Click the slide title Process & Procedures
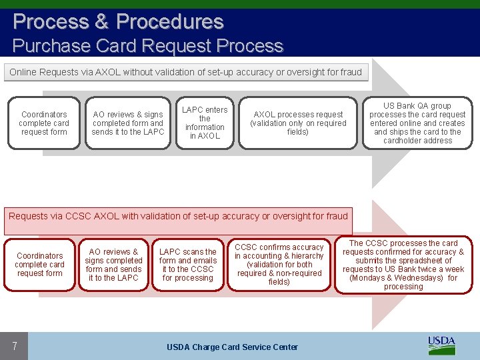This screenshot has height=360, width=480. pyautogui.click(x=118, y=21)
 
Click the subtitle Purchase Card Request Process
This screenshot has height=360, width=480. pyautogui.click(x=148, y=46)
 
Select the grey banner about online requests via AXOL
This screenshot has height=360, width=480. pyautogui.click(x=185, y=72)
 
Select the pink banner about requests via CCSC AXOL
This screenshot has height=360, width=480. pyautogui.click(x=178, y=216)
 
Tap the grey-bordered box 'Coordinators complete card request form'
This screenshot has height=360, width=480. pyautogui.click(x=44, y=123)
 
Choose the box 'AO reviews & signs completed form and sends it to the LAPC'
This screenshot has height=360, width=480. pyautogui.click(x=128, y=123)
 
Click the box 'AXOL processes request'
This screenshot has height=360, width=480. pyautogui.click(x=298, y=123)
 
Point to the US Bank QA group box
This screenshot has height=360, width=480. pyautogui.click(x=417, y=123)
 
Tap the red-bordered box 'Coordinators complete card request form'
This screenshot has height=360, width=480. pyautogui.click(x=40, y=265)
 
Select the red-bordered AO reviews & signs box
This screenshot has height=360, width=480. pyautogui.click(x=113, y=265)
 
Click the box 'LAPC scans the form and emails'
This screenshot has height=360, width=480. pyautogui.click(x=188, y=265)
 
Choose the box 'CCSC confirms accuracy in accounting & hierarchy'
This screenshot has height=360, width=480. pyautogui.click(x=279, y=265)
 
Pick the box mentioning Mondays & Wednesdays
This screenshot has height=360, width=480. pyautogui.click(x=403, y=265)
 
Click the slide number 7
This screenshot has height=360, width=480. pyautogui.click(x=14, y=346)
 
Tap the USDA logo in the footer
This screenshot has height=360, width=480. pyautogui.click(x=441, y=345)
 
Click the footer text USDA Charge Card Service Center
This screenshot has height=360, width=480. pyautogui.click(x=232, y=347)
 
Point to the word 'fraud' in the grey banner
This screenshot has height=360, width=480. pyautogui.click(x=349, y=72)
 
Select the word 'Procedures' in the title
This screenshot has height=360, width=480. pyautogui.click(x=169, y=21)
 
